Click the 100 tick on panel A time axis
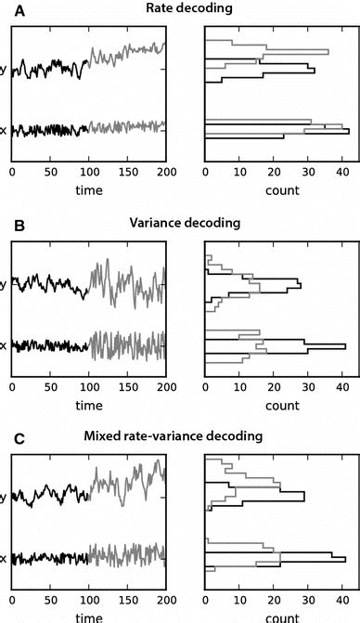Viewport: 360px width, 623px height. tap(89, 173)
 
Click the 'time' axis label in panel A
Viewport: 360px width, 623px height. tap(89, 190)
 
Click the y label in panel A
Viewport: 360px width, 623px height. tap(5, 71)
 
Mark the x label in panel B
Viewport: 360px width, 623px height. tap(5, 346)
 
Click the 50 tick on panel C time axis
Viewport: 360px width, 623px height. tap(50, 599)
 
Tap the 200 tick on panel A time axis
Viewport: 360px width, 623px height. tap(165, 173)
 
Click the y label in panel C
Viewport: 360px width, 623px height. tap(5, 495)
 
